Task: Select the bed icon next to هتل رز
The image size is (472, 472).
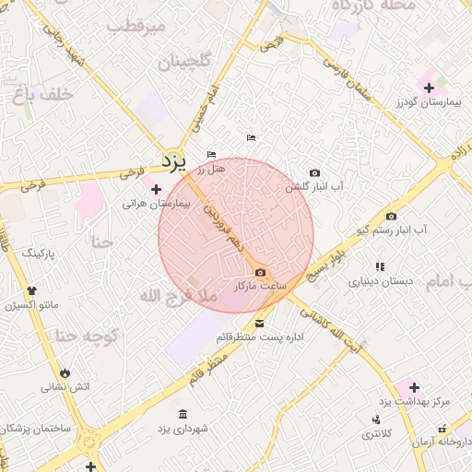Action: pyautogui.click(x=211, y=154)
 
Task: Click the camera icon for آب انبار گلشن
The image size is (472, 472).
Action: pyautogui.click(x=314, y=172)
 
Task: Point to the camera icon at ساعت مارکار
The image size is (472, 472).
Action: pyautogui.click(x=260, y=272)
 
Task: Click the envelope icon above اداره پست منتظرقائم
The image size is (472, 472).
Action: pyautogui.click(x=259, y=324)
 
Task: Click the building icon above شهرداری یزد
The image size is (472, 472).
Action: pyautogui.click(x=183, y=413)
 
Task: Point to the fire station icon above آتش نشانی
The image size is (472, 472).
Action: pyautogui.click(x=65, y=371)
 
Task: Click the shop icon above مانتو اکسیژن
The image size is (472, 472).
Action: pyautogui.click(x=33, y=291)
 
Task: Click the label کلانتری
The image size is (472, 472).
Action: pyautogui.click(x=377, y=432)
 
